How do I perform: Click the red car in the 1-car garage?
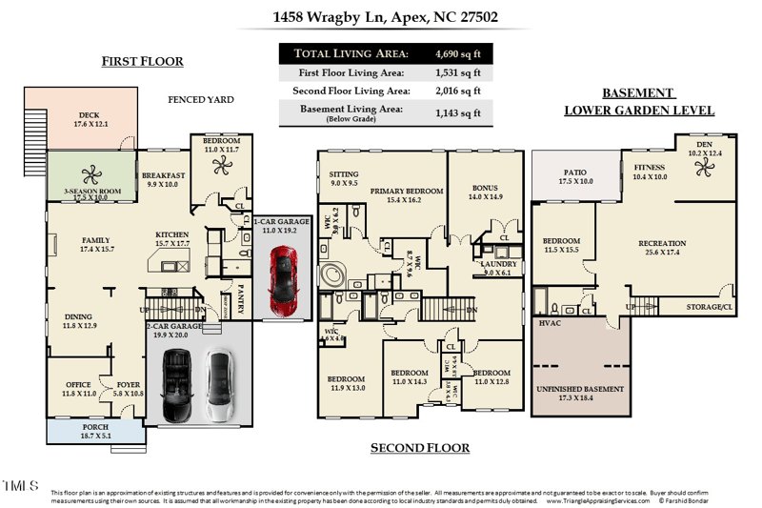pos(284,281)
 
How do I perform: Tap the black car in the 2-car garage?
pos(176,385)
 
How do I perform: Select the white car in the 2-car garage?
pos(219,387)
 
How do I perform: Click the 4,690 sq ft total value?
pos(457,53)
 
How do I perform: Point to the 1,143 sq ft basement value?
pos(457,112)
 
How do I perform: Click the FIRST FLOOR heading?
pos(142,62)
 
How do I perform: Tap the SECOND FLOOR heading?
pos(419,447)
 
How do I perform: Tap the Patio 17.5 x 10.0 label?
pos(575,177)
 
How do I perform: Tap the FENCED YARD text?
pos(200,99)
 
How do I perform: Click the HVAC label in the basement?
pos(551,324)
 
